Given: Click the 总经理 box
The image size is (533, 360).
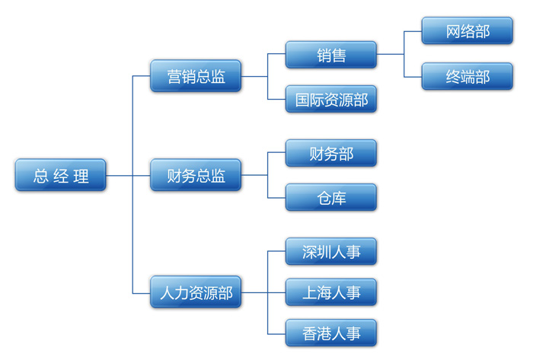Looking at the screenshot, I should tap(61, 175).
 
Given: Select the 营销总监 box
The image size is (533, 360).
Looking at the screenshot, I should tap(196, 76).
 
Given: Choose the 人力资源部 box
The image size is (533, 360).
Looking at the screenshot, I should tap(196, 292).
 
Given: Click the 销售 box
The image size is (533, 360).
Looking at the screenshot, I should tap(331, 55).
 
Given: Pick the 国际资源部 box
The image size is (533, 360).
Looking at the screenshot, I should tap(331, 99).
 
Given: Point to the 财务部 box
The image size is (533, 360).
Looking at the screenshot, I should tap(331, 153).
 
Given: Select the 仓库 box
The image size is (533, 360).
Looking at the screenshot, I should tap(331, 197).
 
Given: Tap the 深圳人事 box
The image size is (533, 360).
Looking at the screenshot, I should tap(331, 251).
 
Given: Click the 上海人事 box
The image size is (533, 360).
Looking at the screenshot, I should tap(331, 292).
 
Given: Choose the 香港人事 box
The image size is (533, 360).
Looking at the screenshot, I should tap(331, 333).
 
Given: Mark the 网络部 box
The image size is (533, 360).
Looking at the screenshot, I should tap(468, 32).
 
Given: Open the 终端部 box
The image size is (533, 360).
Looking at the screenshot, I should tap(468, 76).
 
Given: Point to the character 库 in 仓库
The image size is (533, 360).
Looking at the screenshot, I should tap(339, 198).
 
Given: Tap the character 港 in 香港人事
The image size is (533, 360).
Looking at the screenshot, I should tap(321, 333).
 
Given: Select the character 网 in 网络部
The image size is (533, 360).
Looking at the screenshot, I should tap(453, 32).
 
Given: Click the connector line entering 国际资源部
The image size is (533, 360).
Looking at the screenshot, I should tap(277, 99).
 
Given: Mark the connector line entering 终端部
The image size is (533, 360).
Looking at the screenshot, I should tap(413, 76).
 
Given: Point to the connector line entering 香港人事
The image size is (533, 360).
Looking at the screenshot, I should tap(277, 333).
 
